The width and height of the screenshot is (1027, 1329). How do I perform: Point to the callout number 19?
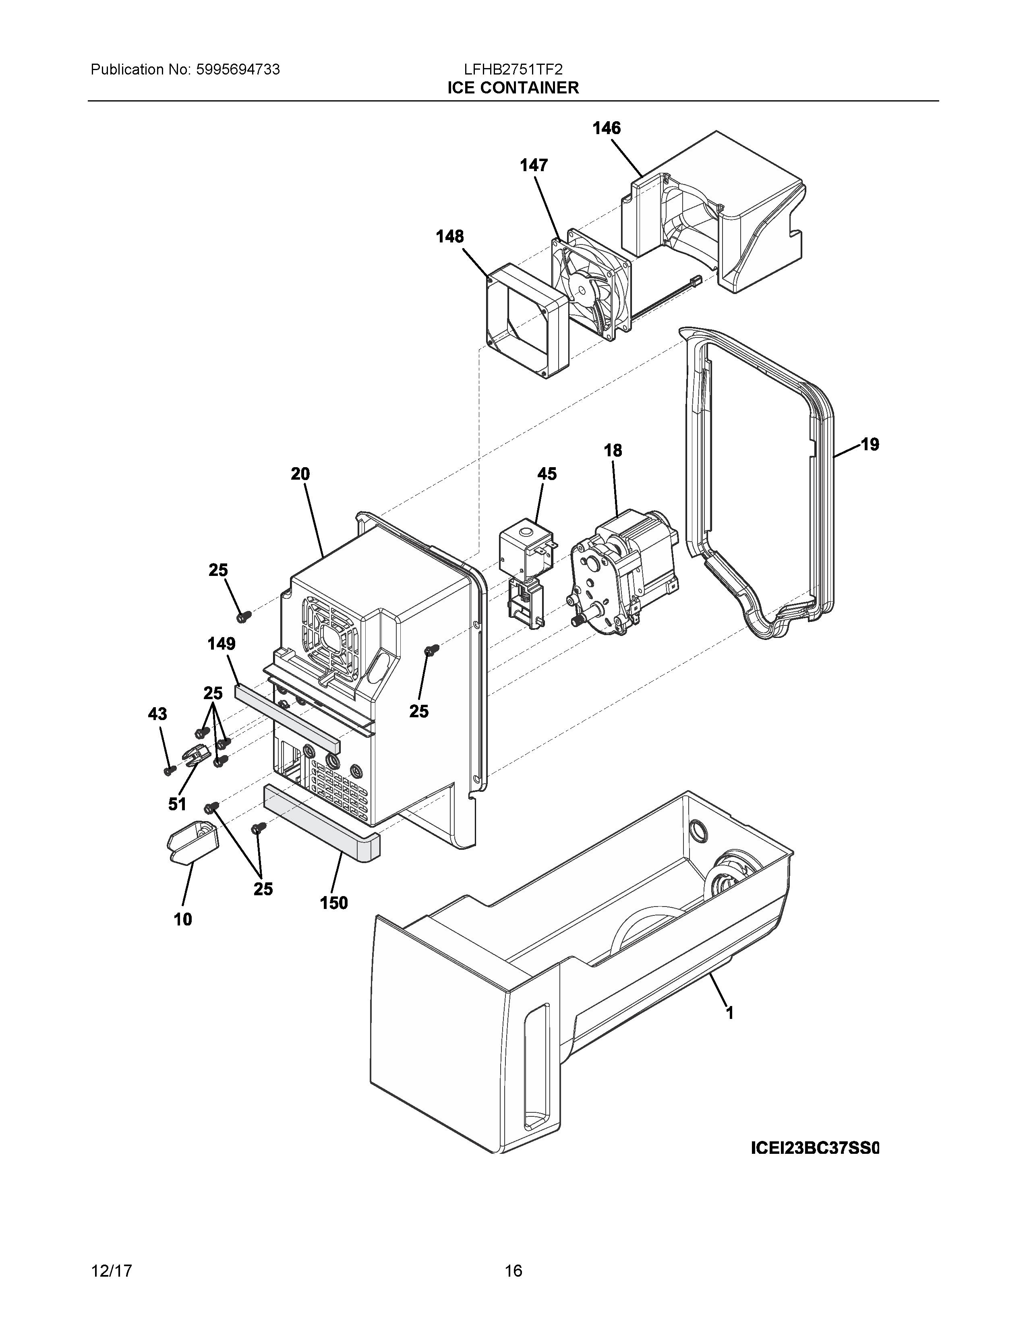coord(870,445)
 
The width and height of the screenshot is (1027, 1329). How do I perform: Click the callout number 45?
coord(547,474)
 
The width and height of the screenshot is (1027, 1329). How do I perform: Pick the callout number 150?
coord(334,903)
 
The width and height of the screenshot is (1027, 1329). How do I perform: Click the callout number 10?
coord(182,919)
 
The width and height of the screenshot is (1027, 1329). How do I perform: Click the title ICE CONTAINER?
coord(513,88)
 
